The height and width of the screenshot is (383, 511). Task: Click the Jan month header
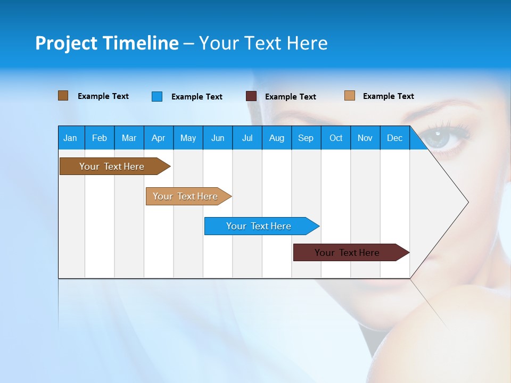click(70, 138)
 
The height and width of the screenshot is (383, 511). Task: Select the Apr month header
click(158, 138)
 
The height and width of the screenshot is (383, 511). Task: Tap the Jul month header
click(247, 138)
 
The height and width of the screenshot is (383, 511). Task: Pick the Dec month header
click(394, 138)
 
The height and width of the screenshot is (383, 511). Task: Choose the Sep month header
click(306, 138)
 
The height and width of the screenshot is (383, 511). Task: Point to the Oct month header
click(336, 138)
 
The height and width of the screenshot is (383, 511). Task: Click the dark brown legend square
click(63, 96)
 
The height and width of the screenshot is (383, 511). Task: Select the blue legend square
click(156, 96)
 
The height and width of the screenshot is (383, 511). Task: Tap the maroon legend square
click(251, 96)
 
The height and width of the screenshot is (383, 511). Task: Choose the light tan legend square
click(349, 96)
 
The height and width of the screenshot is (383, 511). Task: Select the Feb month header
click(100, 138)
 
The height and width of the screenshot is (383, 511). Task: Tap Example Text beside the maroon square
click(290, 96)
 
